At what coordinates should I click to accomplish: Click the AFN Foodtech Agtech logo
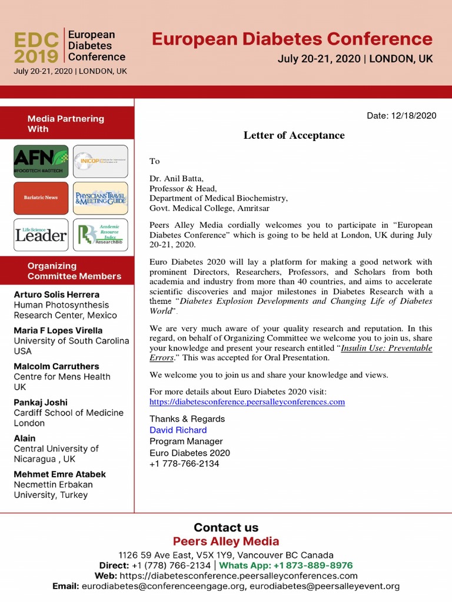click(x=41, y=161)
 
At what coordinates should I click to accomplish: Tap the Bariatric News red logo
click(x=41, y=198)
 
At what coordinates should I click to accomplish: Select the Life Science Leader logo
click(x=41, y=235)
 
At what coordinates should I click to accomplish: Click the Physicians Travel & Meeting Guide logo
click(x=100, y=198)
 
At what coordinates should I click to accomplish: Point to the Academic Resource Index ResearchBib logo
click(x=100, y=235)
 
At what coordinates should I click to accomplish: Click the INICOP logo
click(x=100, y=161)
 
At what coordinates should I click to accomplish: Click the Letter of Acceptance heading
click(x=294, y=136)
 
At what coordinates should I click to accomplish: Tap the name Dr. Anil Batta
click(x=177, y=179)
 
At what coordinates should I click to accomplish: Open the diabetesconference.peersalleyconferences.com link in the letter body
click(x=247, y=402)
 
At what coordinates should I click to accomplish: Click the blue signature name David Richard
click(x=178, y=430)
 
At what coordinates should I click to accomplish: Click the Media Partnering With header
click(x=65, y=123)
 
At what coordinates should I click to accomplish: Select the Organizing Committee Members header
click(x=74, y=271)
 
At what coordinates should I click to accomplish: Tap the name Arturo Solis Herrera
click(x=56, y=295)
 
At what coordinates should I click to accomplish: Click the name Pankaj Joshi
click(x=41, y=403)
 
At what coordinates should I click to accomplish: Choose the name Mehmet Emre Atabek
click(x=59, y=474)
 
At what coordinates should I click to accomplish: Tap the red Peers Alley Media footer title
click(x=226, y=541)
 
